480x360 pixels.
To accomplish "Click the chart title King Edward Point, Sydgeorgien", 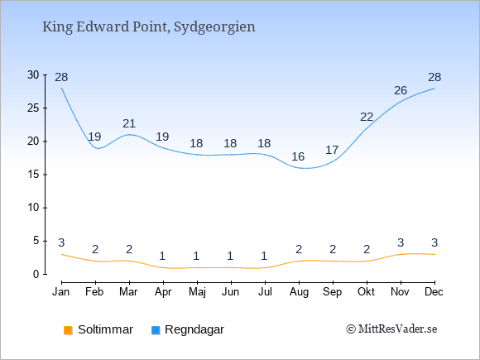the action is [x=149, y=27].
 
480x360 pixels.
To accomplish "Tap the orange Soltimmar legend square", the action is [x=68, y=330].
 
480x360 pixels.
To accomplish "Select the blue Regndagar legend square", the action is [x=156, y=330].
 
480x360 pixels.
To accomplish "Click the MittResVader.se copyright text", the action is [x=391, y=329].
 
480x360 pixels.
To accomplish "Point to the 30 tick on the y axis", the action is [x=33, y=74].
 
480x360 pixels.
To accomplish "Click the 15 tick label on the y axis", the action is [x=33, y=175].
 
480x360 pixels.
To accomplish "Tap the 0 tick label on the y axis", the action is [x=36, y=274].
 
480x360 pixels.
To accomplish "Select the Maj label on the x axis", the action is [x=197, y=292].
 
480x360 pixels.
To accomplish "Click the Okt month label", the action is [x=366, y=292].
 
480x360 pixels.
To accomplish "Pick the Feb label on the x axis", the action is [x=94, y=292].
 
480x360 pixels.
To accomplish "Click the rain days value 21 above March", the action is [x=129, y=123].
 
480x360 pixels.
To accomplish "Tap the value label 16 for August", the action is [x=298, y=156].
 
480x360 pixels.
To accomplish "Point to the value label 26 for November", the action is [x=401, y=90].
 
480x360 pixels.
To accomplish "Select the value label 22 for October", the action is [x=367, y=117].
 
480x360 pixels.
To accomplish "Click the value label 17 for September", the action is [x=332, y=150].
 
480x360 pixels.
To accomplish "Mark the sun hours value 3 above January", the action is [x=61, y=242].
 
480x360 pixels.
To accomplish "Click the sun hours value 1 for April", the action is [x=162, y=256].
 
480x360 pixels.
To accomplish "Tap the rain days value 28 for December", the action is [x=434, y=77].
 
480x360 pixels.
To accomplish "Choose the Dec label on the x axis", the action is [x=434, y=292].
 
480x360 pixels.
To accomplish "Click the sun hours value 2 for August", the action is [x=299, y=249].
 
